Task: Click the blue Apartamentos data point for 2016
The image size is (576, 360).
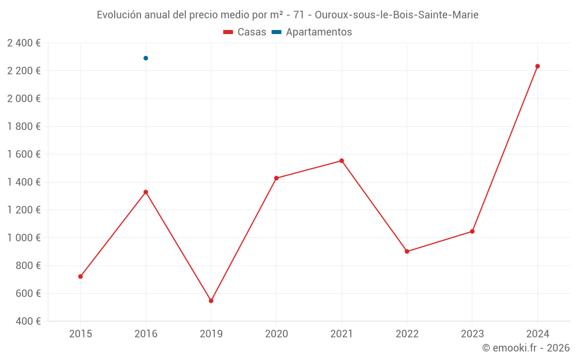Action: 146,58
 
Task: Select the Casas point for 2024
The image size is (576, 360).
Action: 537,66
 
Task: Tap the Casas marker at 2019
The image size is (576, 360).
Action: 211,301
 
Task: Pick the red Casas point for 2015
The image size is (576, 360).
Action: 81,276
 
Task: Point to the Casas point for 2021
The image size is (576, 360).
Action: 342,161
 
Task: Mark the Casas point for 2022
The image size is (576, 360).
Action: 407,251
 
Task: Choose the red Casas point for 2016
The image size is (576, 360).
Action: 146,192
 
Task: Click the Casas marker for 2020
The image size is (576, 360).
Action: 276,178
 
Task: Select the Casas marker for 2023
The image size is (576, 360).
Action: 472,232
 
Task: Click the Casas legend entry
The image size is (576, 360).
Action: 245,32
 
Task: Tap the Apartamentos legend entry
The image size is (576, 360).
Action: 312,32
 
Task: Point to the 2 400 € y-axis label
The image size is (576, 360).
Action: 24,43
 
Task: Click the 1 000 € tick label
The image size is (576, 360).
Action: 24,238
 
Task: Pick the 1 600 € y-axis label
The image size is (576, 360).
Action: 24,154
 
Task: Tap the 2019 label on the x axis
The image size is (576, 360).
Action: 211,334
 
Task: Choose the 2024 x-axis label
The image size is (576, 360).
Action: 537,334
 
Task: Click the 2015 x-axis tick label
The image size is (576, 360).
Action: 81,334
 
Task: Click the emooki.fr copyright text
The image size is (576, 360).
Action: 525,348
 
